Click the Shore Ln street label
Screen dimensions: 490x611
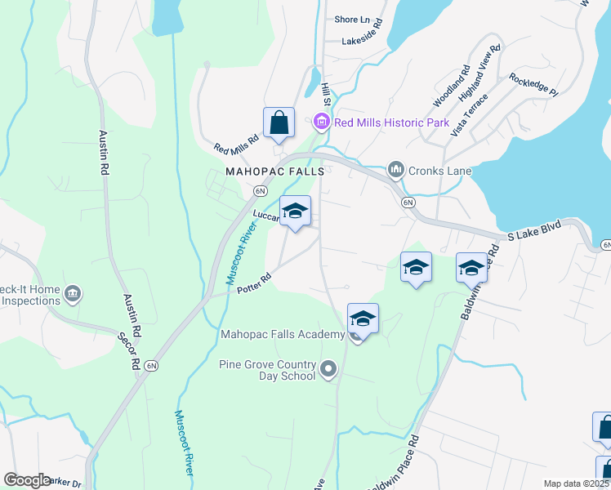(352, 20)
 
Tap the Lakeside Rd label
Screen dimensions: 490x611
(363, 40)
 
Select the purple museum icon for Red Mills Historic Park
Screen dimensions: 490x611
(322, 122)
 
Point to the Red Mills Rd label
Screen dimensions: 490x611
(236, 145)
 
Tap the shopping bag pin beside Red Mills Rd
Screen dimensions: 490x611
(279, 123)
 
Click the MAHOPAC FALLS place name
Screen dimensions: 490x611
(275, 172)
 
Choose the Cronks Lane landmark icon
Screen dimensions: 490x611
(396, 169)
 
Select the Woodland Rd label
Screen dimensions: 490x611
(451, 87)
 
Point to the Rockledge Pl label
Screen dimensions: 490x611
(533, 85)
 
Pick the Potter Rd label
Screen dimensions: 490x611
(253, 288)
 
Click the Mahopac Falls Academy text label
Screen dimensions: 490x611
(283, 334)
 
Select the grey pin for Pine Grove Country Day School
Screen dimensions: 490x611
(328, 370)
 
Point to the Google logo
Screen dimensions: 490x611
(27, 480)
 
